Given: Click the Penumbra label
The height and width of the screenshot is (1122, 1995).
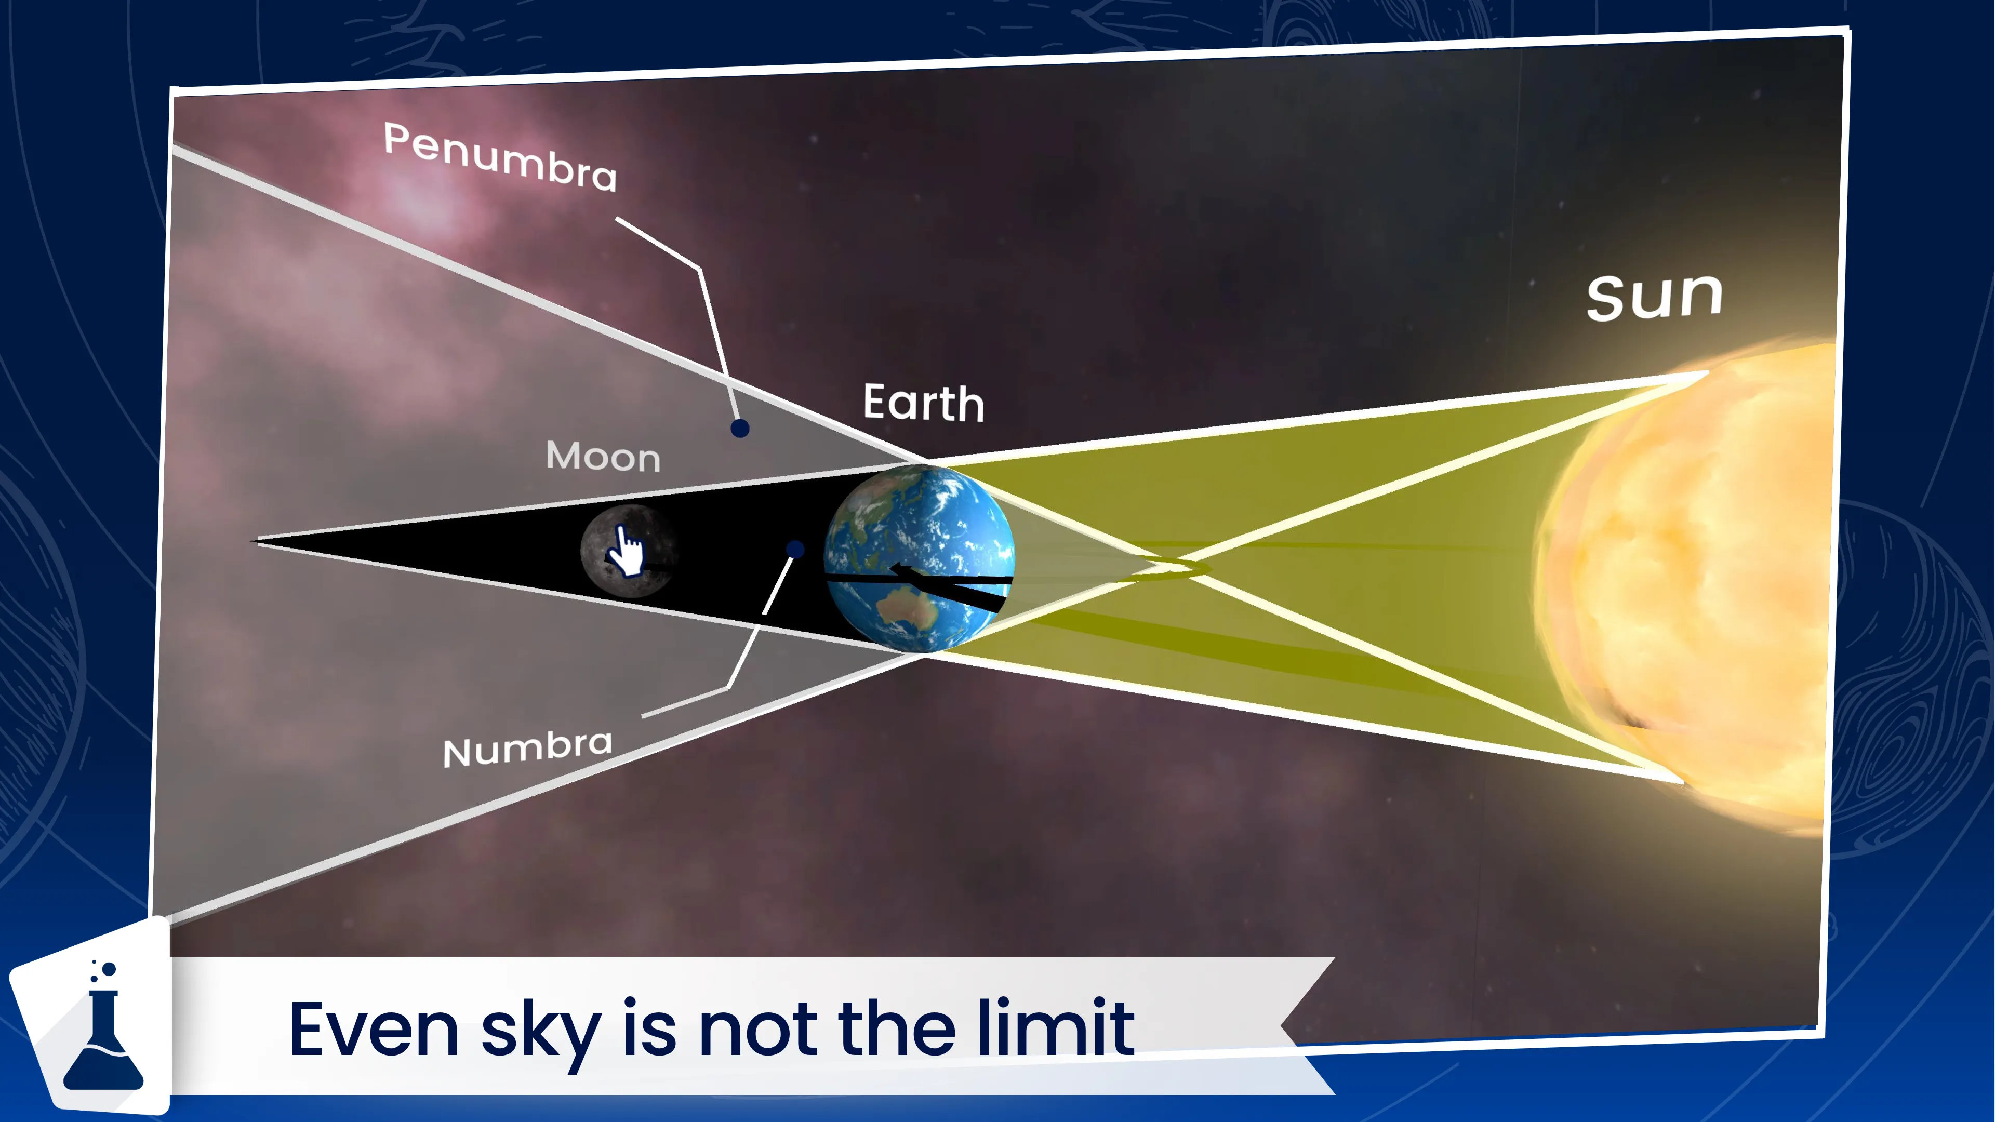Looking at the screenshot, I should [x=500, y=157].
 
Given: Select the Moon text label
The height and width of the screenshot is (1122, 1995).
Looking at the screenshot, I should [x=603, y=457].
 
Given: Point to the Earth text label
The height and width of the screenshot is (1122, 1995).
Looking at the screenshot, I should [x=923, y=404].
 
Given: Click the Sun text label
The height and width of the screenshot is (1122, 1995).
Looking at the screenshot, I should [x=1654, y=297].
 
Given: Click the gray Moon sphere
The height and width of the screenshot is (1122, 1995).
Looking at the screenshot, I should [x=629, y=551].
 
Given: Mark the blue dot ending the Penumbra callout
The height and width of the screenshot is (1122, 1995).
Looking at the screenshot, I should [x=740, y=428].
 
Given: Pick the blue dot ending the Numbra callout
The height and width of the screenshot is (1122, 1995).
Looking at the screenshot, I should [x=794, y=550].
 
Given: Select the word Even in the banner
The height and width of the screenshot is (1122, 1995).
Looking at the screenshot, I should [x=374, y=1030].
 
